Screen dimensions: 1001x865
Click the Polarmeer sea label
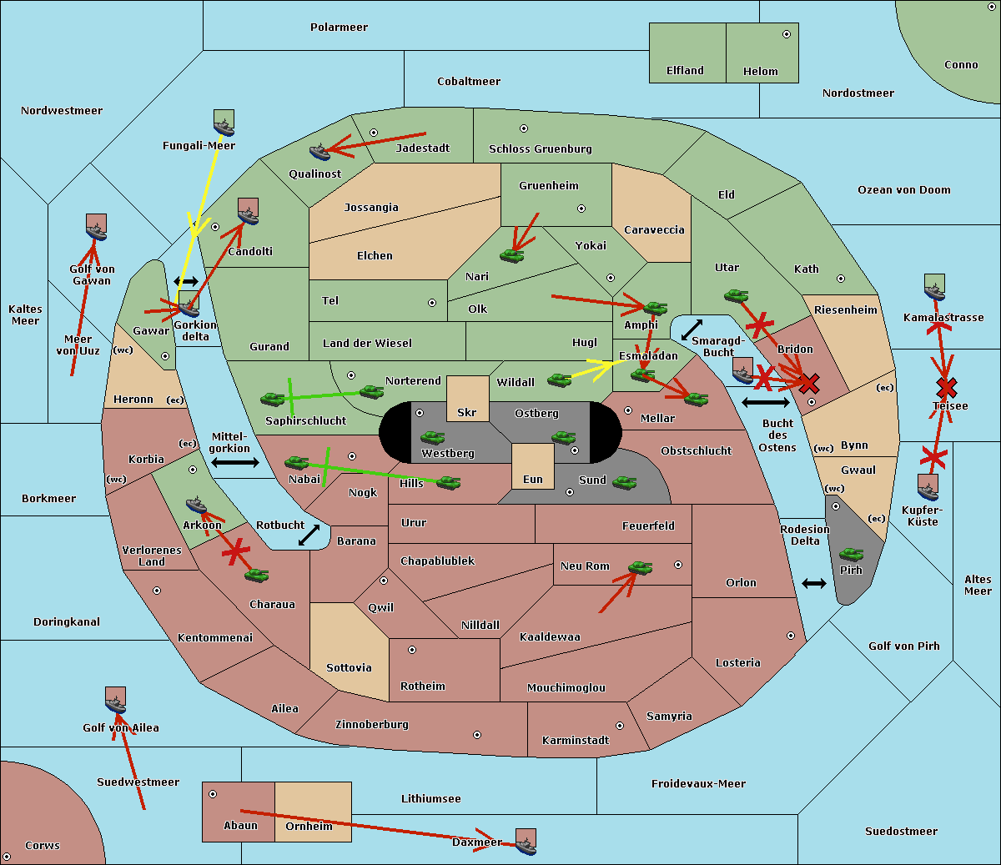click(x=339, y=28)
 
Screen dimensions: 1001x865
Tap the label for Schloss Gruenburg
click(x=541, y=148)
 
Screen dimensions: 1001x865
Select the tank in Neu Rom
click(x=640, y=567)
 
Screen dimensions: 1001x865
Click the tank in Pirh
click(x=852, y=554)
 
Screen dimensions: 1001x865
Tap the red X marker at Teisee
click(x=947, y=387)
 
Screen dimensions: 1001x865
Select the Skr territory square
click(x=467, y=398)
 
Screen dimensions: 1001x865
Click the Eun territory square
click(x=533, y=466)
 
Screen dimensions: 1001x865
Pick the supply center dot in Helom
click(x=787, y=34)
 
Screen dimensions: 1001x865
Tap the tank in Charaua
click(x=257, y=576)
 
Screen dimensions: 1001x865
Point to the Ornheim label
click(x=309, y=825)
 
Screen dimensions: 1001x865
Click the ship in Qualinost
click(x=319, y=152)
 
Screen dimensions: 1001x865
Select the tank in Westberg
click(x=432, y=438)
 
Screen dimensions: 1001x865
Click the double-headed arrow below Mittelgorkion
click(x=235, y=462)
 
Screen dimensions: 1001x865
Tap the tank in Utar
click(x=736, y=295)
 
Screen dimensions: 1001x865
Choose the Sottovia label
click(x=349, y=668)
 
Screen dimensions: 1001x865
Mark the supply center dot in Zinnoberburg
click(x=477, y=735)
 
